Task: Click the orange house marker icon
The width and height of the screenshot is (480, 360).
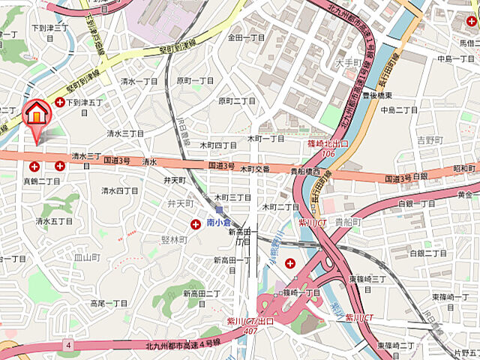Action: pos(34,115)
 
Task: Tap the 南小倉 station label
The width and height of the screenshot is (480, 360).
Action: pos(217,223)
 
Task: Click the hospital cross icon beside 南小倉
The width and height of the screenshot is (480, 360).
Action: pos(196,223)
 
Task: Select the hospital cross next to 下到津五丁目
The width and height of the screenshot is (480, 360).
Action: pos(59,101)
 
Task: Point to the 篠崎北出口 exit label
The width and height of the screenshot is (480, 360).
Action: pos(328,143)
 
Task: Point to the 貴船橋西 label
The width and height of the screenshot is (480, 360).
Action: pos(305,172)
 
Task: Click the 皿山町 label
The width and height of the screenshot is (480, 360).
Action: pos(87,257)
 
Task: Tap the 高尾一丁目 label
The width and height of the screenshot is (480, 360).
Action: pos(109,303)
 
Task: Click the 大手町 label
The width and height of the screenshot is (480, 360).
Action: pos(349,64)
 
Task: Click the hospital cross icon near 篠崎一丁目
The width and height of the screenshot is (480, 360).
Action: pos(289,262)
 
